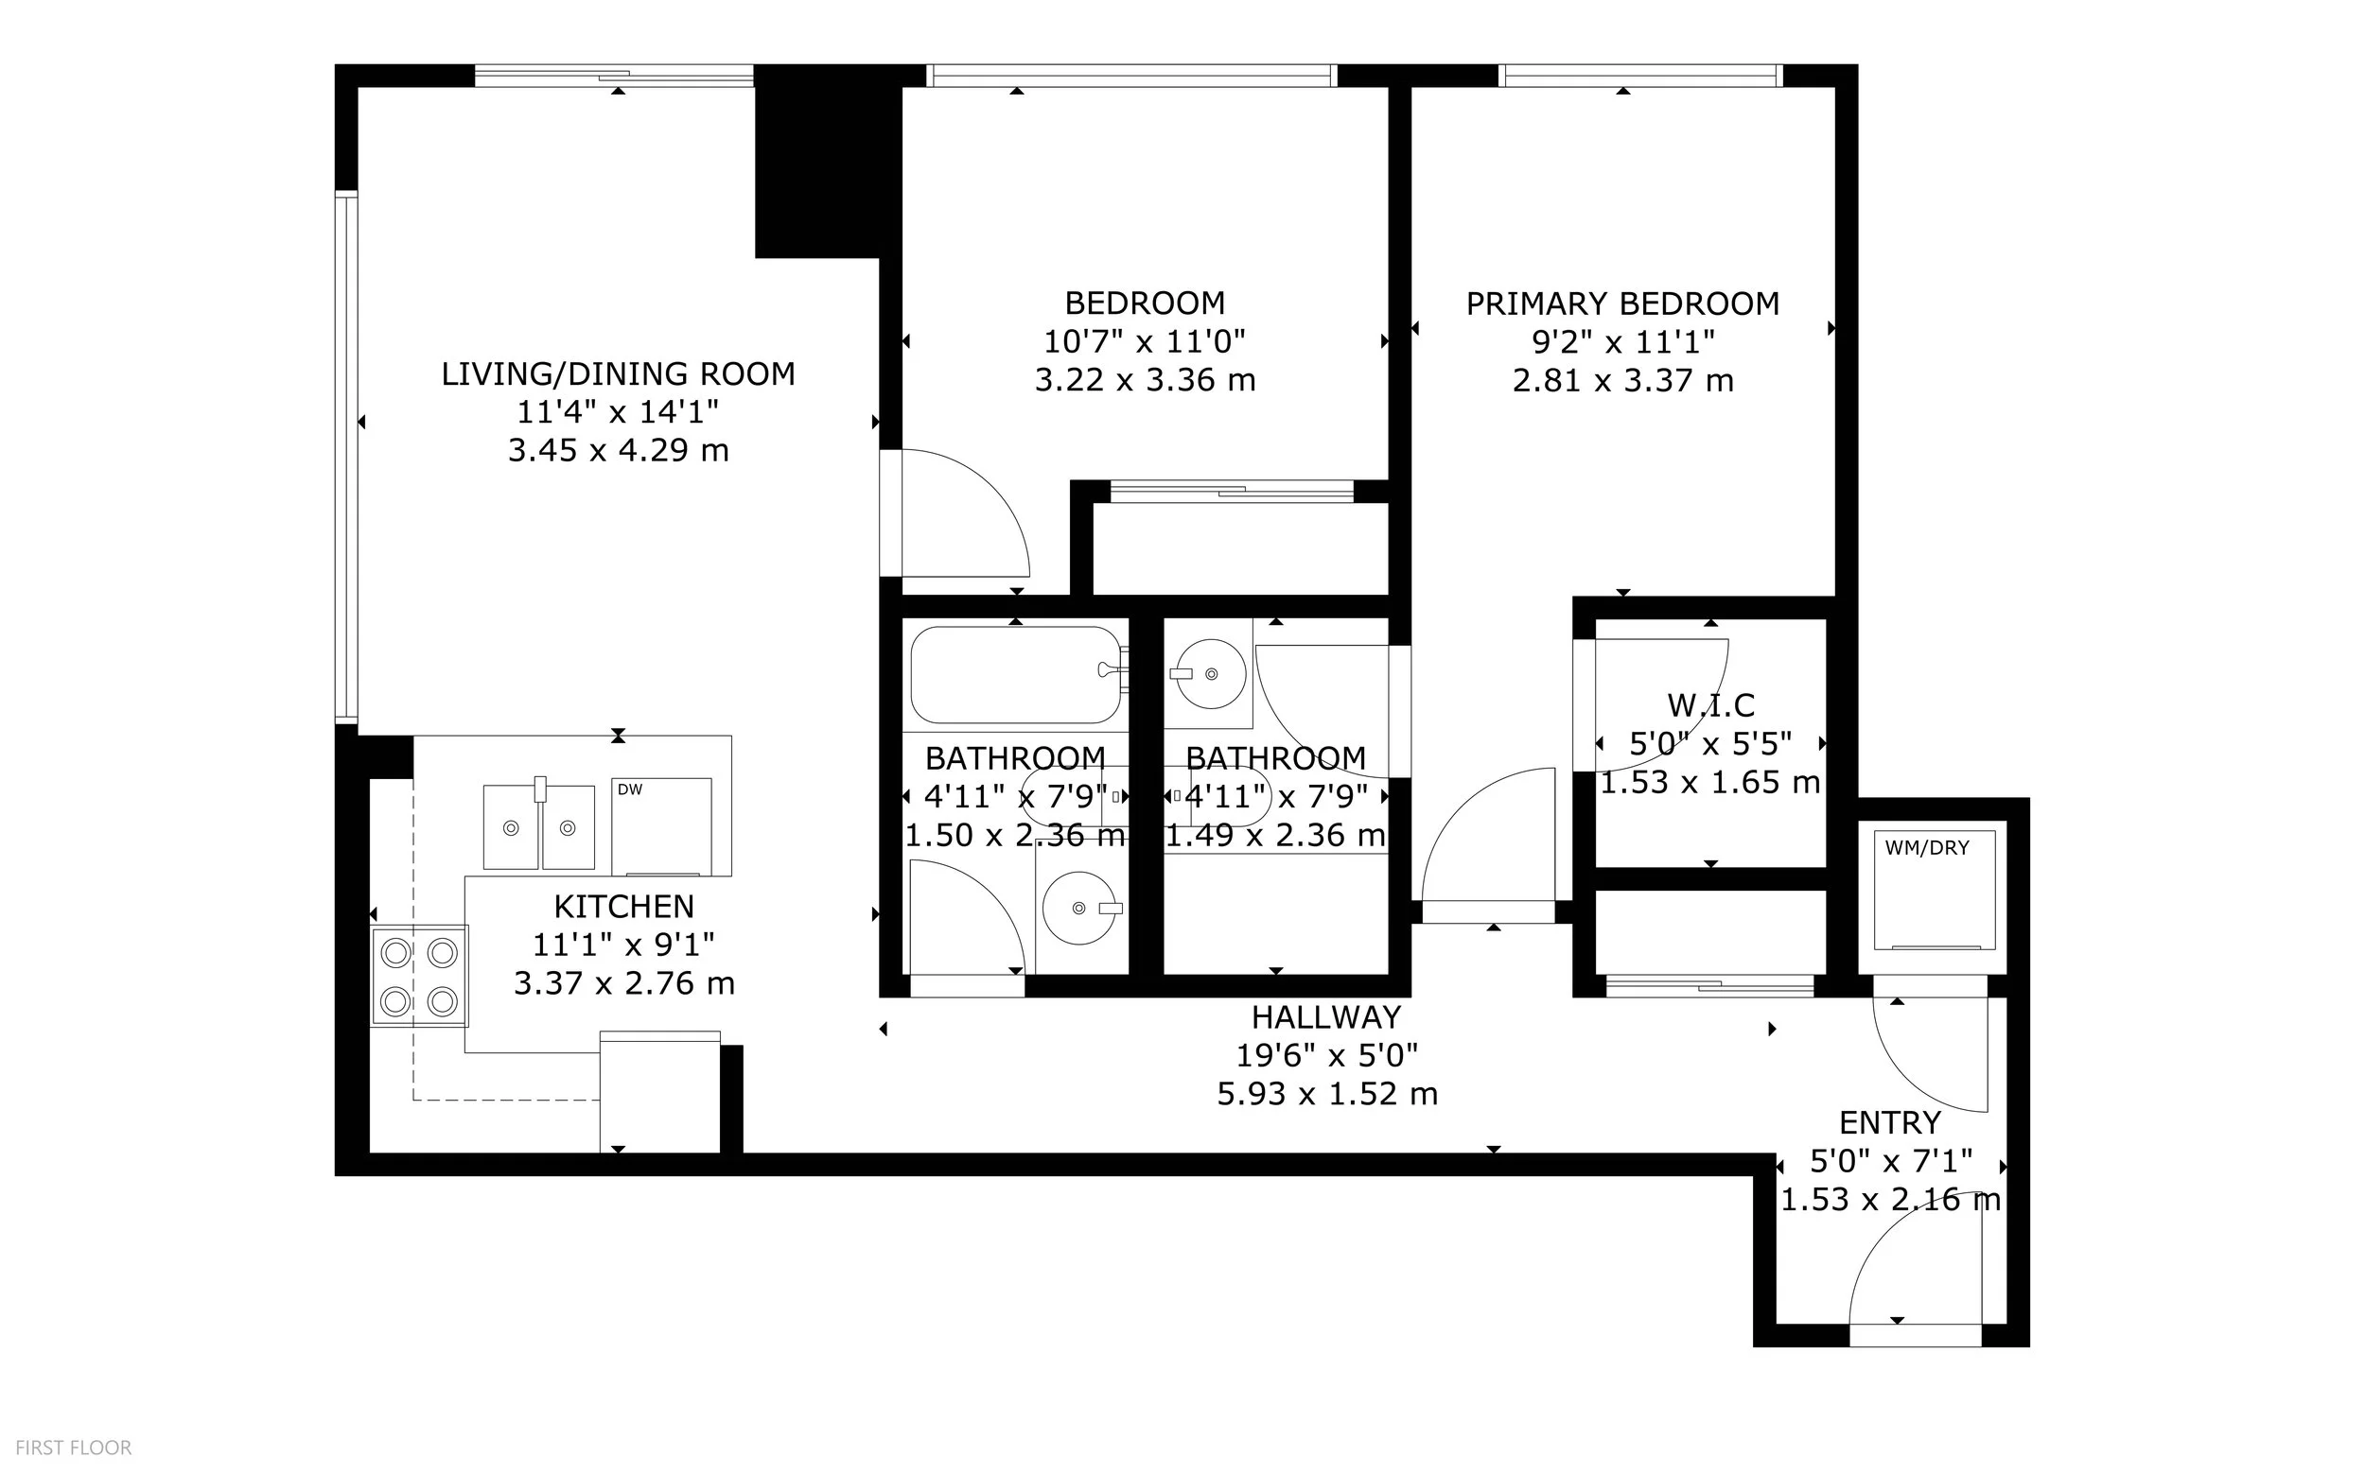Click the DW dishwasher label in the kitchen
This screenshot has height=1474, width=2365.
pos(630,789)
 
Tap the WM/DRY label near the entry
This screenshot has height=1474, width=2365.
pos(1927,848)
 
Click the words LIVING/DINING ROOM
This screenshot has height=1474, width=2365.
pos(619,374)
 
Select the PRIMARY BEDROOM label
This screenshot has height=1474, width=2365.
pos(1622,304)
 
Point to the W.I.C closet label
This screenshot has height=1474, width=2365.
pos(1710,704)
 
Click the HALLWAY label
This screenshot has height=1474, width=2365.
pos(1326,1017)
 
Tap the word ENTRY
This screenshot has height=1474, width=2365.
pos(1890,1123)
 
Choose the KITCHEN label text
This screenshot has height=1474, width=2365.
pos(624,907)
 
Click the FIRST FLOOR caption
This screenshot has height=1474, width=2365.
pos(73,1448)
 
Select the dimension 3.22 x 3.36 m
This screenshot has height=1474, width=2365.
pos(1145,380)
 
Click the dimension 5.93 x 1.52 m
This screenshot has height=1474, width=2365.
pos(1327,1094)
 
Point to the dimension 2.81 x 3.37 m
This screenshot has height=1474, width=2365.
pos(1622,380)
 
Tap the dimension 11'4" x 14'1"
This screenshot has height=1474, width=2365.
pos(618,412)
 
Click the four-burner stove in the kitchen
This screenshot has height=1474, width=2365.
pos(419,976)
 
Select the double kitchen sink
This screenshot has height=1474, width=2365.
pos(539,827)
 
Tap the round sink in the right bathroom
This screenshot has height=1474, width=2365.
pos(1211,672)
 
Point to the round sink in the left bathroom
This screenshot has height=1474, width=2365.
pos(1078,909)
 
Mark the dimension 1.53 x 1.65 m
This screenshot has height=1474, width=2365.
pos(1710,782)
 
